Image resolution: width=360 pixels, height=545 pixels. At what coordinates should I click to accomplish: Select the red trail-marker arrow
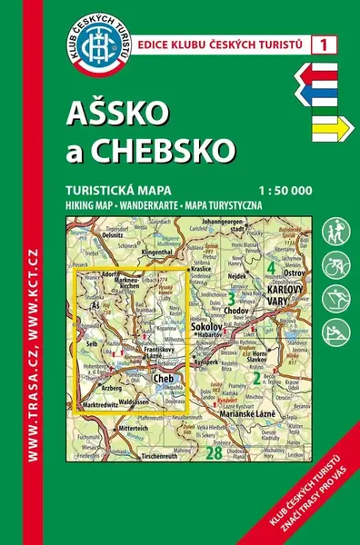(x=324, y=73)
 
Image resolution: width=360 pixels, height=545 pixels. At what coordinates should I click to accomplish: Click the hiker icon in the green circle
(x=335, y=228)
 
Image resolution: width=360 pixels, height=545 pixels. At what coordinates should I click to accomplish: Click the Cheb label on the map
(x=164, y=379)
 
